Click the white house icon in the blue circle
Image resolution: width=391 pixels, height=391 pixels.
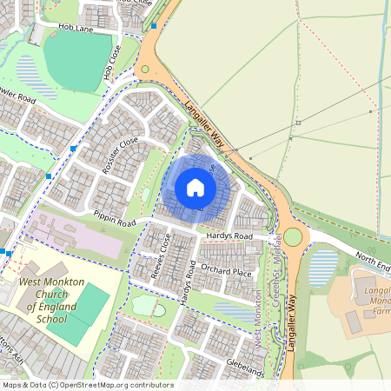click(x=195, y=187)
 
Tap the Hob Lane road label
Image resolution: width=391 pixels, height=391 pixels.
click(x=76, y=29)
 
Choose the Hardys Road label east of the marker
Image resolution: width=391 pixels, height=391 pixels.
click(x=229, y=236)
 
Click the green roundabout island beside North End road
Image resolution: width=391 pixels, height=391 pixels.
click(x=294, y=236)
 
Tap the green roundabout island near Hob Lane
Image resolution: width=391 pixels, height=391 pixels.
click(x=144, y=68)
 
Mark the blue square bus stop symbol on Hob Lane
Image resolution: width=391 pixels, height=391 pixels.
click(x=153, y=26)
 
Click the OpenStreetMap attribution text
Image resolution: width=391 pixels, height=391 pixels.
click(x=88, y=385)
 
